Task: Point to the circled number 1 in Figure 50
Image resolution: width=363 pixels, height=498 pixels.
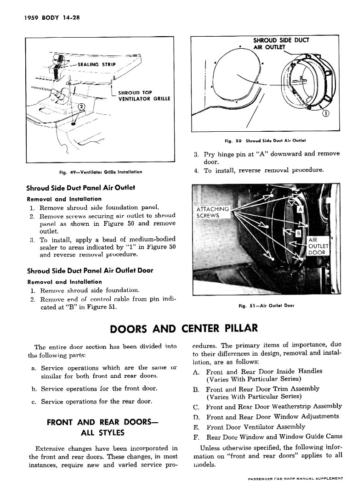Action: pyautogui.click(x=326, y=114)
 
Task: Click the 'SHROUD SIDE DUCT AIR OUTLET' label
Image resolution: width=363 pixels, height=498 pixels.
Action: pyautogui.click(x=281, y=43)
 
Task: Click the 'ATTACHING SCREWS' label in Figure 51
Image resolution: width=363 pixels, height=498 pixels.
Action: pyautogui.click(x=212, y=212)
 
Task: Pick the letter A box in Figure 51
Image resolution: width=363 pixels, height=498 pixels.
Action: pyautogui.click(x=301, y=209)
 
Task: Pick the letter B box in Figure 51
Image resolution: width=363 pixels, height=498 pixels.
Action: pyautogui.click(x=297, y=234)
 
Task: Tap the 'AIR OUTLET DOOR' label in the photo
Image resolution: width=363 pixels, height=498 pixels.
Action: pyautogui.click(x=316, y=246)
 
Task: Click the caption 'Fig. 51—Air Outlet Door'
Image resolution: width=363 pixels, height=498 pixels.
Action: pyautogui.click(x=266, y=306)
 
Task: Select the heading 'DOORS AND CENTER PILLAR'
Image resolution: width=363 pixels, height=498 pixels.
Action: pyautogui.click(x=181, y=329)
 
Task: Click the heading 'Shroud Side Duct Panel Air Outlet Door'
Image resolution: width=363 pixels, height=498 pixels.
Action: pyautogui.click(x=90, y=270)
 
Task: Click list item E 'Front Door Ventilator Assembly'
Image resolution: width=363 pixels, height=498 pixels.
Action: pyautogui.click(x=255, y=427)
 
